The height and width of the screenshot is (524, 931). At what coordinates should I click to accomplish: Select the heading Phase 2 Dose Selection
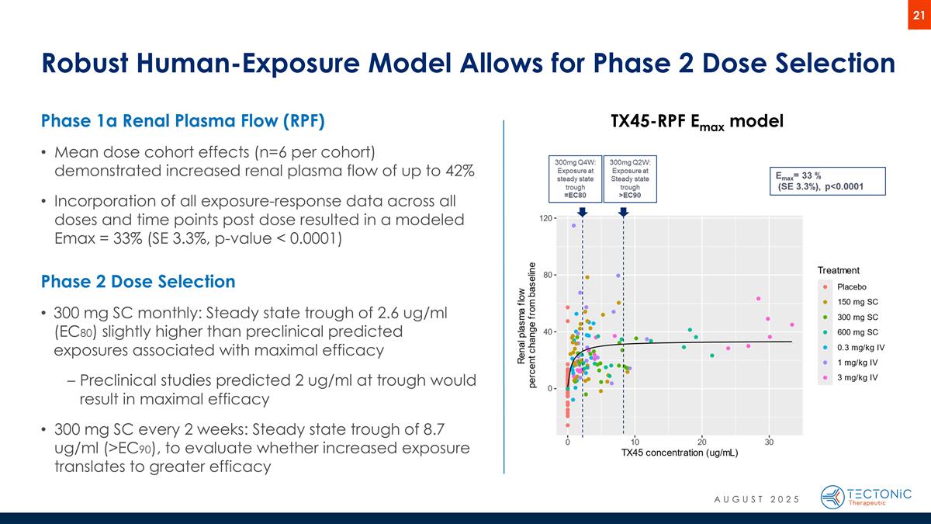click(x=138, y=280)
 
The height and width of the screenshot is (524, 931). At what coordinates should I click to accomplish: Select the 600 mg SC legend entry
click(x=857, y=332)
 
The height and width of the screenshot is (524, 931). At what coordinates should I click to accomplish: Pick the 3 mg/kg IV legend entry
click(x=857, y=377)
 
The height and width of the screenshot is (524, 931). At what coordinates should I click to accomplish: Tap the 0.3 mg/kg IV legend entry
click(x=860, y=347)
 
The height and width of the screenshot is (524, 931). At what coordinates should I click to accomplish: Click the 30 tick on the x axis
click(x=769, y=442)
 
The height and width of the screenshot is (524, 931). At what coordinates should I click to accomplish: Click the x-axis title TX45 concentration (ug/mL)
click(x=680, y=453)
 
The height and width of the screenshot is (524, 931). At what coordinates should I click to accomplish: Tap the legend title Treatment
click(x=838, y=270)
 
